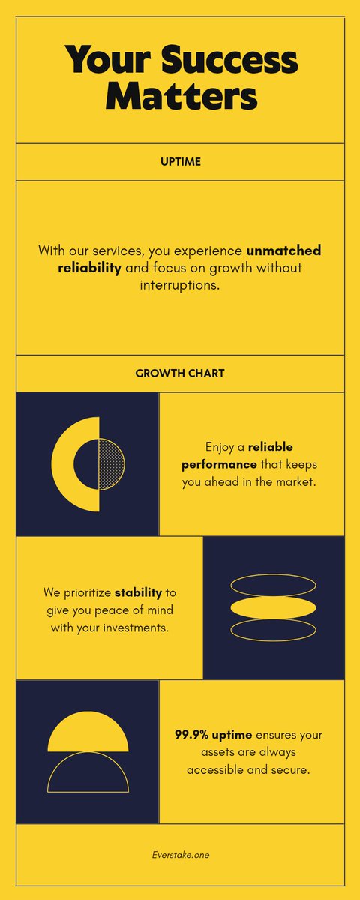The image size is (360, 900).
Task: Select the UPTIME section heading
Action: pos(180,161)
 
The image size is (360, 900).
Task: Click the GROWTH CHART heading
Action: pos(180,373)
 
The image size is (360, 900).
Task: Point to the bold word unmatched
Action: pos(283,250)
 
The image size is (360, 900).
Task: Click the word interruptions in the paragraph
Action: pos(180,286)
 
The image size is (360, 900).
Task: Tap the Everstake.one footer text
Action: pos(180,854)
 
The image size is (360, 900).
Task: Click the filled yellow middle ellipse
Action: pos(273,607)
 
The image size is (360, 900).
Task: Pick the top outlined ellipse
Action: pos(273,585)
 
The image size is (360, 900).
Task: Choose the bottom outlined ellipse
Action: pos(273,630)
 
